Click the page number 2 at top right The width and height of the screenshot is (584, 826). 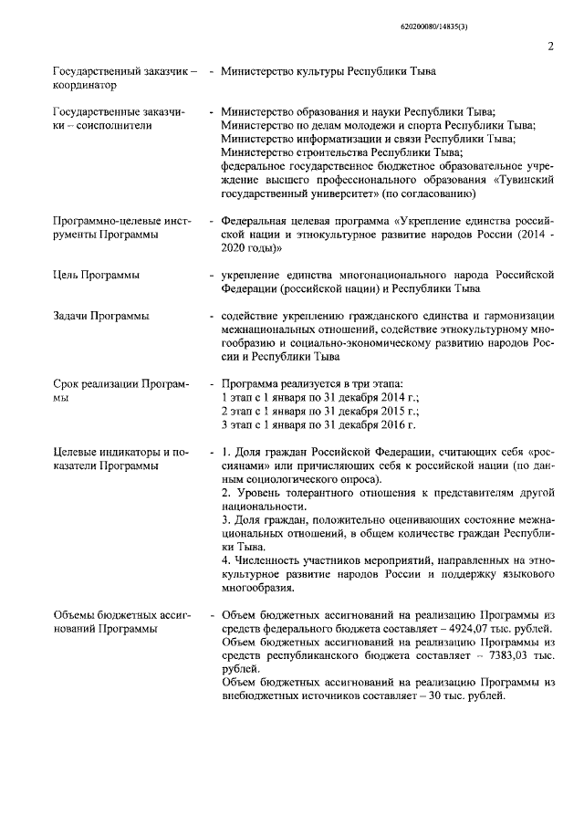[x=551, y=47]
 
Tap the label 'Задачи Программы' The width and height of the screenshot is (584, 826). [x=100, y=316]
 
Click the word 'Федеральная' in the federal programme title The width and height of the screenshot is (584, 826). [x=256, y=221]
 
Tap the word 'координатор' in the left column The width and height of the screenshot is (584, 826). [x=85, y=85]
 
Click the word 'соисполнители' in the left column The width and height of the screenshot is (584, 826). [x=114, y=125]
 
